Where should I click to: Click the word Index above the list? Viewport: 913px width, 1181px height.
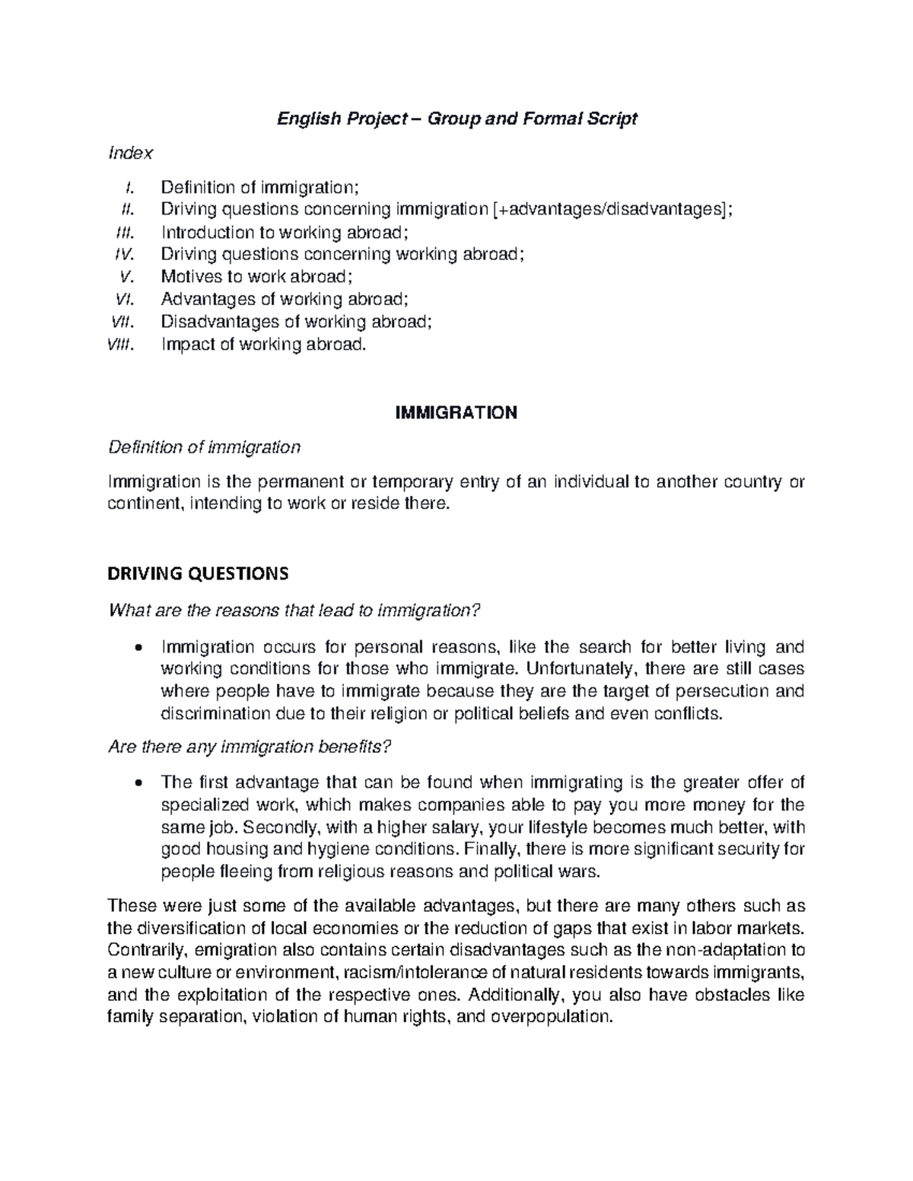click(x=131, y=153)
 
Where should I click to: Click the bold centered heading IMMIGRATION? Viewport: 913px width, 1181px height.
click(x=456, y=413)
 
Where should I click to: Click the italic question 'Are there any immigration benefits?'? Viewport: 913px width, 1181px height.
click(x=251, y=748)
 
